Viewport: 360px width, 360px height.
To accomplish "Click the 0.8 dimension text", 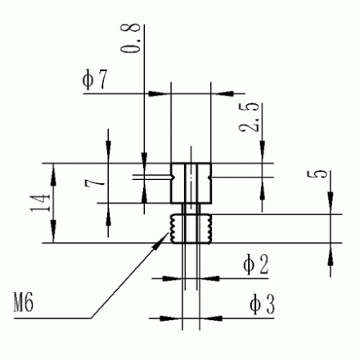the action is [130, 38].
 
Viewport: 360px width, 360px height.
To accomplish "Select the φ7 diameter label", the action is [95, 79].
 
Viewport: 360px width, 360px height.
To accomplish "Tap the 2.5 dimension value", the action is [249, 117].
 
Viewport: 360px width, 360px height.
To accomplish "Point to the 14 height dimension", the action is [40, 203].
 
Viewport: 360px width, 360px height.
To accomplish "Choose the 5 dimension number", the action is [317, 174].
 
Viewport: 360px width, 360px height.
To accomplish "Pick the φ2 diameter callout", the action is [255, 263].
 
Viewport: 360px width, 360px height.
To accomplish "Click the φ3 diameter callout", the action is [262, 304].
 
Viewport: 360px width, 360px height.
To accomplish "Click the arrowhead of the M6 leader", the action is [161, 240].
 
